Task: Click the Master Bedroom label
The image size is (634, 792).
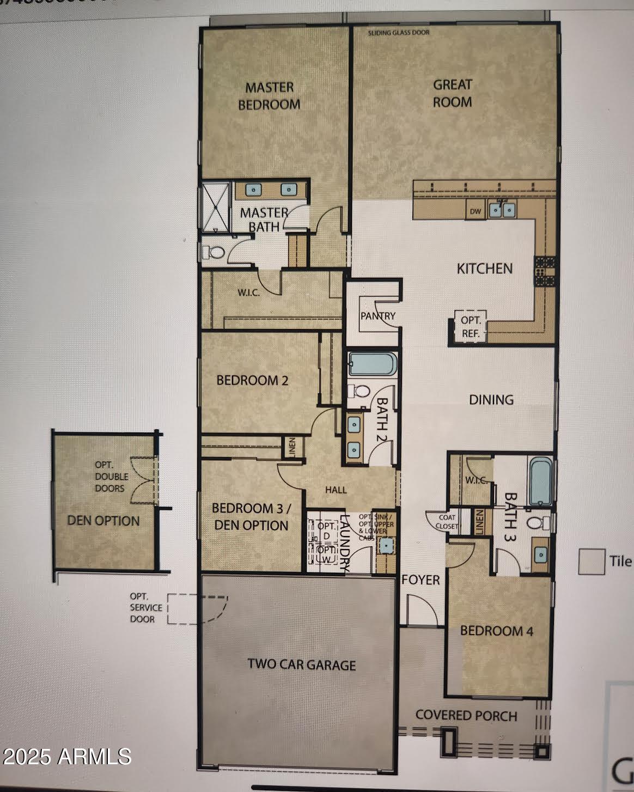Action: pos(269,96)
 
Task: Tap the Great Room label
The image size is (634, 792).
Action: pos(452,93)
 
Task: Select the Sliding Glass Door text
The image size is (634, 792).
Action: pos(398,33)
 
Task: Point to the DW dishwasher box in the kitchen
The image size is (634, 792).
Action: pos(475,211)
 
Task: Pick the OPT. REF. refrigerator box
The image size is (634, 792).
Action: pos(471,327)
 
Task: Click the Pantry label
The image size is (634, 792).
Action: pos(377,315)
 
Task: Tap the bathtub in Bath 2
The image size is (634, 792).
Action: pos(373,364)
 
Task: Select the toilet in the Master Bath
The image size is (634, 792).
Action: pos(213,252)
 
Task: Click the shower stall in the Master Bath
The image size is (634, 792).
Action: pos(215,207)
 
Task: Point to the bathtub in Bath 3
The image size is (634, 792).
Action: pos(540,481)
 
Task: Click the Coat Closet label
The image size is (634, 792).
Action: pos(447,522)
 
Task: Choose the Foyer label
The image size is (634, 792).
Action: pos(420,580)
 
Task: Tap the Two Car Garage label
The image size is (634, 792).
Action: pos(301,665)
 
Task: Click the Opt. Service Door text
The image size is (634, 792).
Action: pos(145,608)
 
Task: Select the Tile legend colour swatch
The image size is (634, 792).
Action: pos(592,562)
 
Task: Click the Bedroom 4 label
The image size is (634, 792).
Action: pos(496,631)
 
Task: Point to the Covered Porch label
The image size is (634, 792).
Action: pos(466,715)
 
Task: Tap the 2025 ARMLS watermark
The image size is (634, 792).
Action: pos(66,757)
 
